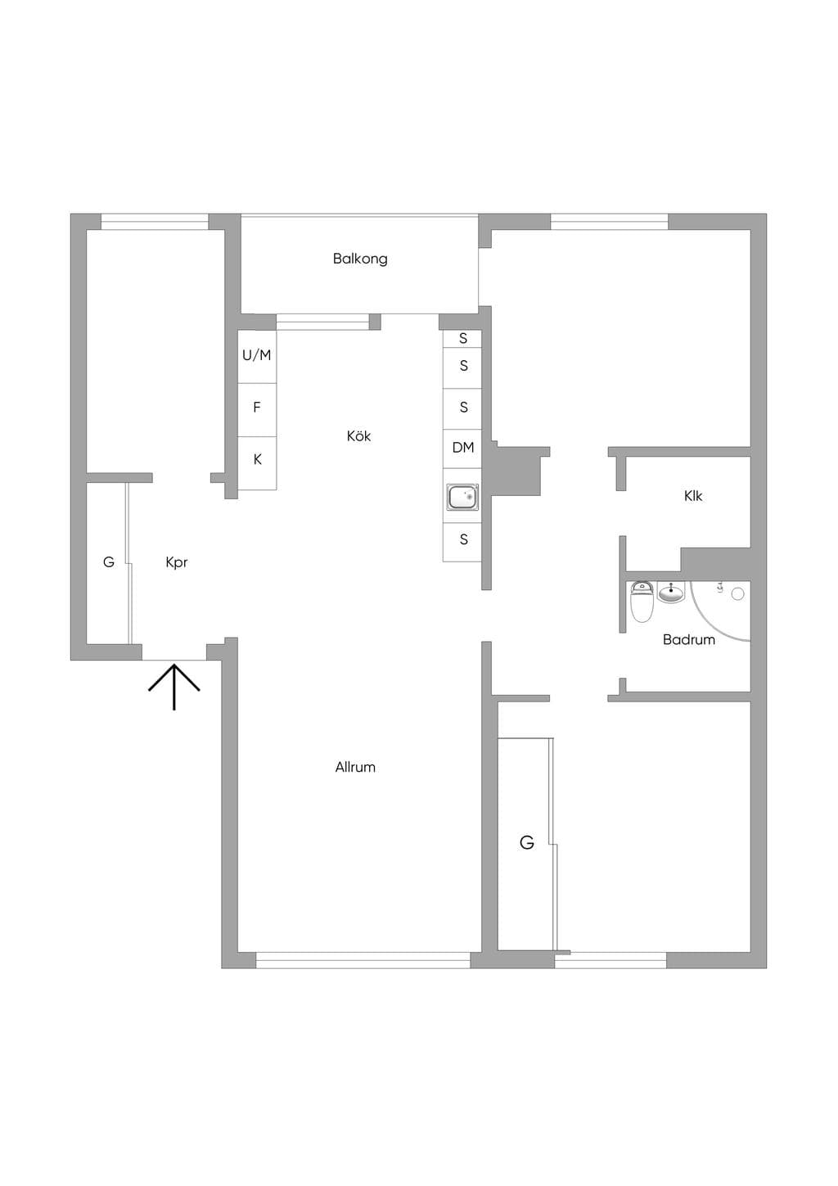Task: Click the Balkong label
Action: [360, 259]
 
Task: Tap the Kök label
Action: [358, 435]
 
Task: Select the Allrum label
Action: [355, 767]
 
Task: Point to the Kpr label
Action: [176, 563]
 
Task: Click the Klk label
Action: [693, 496]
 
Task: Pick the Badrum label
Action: [689, 639]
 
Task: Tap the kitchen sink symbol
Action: [462, 496]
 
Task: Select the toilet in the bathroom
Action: [642, 602]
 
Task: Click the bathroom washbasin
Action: [672, 592]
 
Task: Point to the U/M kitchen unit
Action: [257, 356]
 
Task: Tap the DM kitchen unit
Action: [462, 449]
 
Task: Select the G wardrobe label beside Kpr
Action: [109, 562]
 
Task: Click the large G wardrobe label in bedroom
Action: [527, 842]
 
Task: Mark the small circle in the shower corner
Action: [737, 594]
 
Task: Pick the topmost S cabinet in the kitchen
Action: [462, 339]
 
